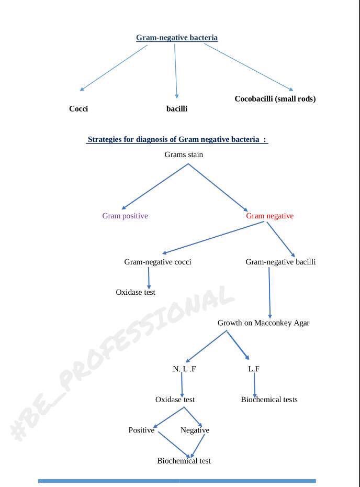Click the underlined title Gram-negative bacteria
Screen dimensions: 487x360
click(x=177, y=38)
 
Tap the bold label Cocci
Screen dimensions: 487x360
click(x=78, y=109)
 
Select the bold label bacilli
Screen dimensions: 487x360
click(x=177, y=109)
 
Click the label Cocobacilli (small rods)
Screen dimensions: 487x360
click(x=275, y=99)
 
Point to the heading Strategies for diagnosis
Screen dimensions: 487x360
click(x=177, y=139)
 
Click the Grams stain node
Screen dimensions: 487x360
click(x=184, y=154)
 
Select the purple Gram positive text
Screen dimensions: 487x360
click(x=125, y=216)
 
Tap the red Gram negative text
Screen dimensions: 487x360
click(x=269, y=216)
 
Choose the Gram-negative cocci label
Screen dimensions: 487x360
click(x=157, y=262)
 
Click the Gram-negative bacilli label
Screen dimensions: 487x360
click(x=280, y=262)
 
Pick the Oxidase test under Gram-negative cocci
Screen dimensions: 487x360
click(x=136, y=292)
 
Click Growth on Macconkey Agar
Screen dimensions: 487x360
click(x=263, y=323)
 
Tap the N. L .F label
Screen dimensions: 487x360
click(x=184, y=369)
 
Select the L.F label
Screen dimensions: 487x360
click(x=254, y=369)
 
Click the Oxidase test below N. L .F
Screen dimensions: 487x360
click(x=175, y=400)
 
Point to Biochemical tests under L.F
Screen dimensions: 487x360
click(x=269, y=400)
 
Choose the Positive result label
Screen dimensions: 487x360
click(x=141, y=430)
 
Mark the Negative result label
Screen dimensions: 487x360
click(x=195, y=430)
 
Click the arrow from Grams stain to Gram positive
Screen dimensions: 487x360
click(x=154, y=187)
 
